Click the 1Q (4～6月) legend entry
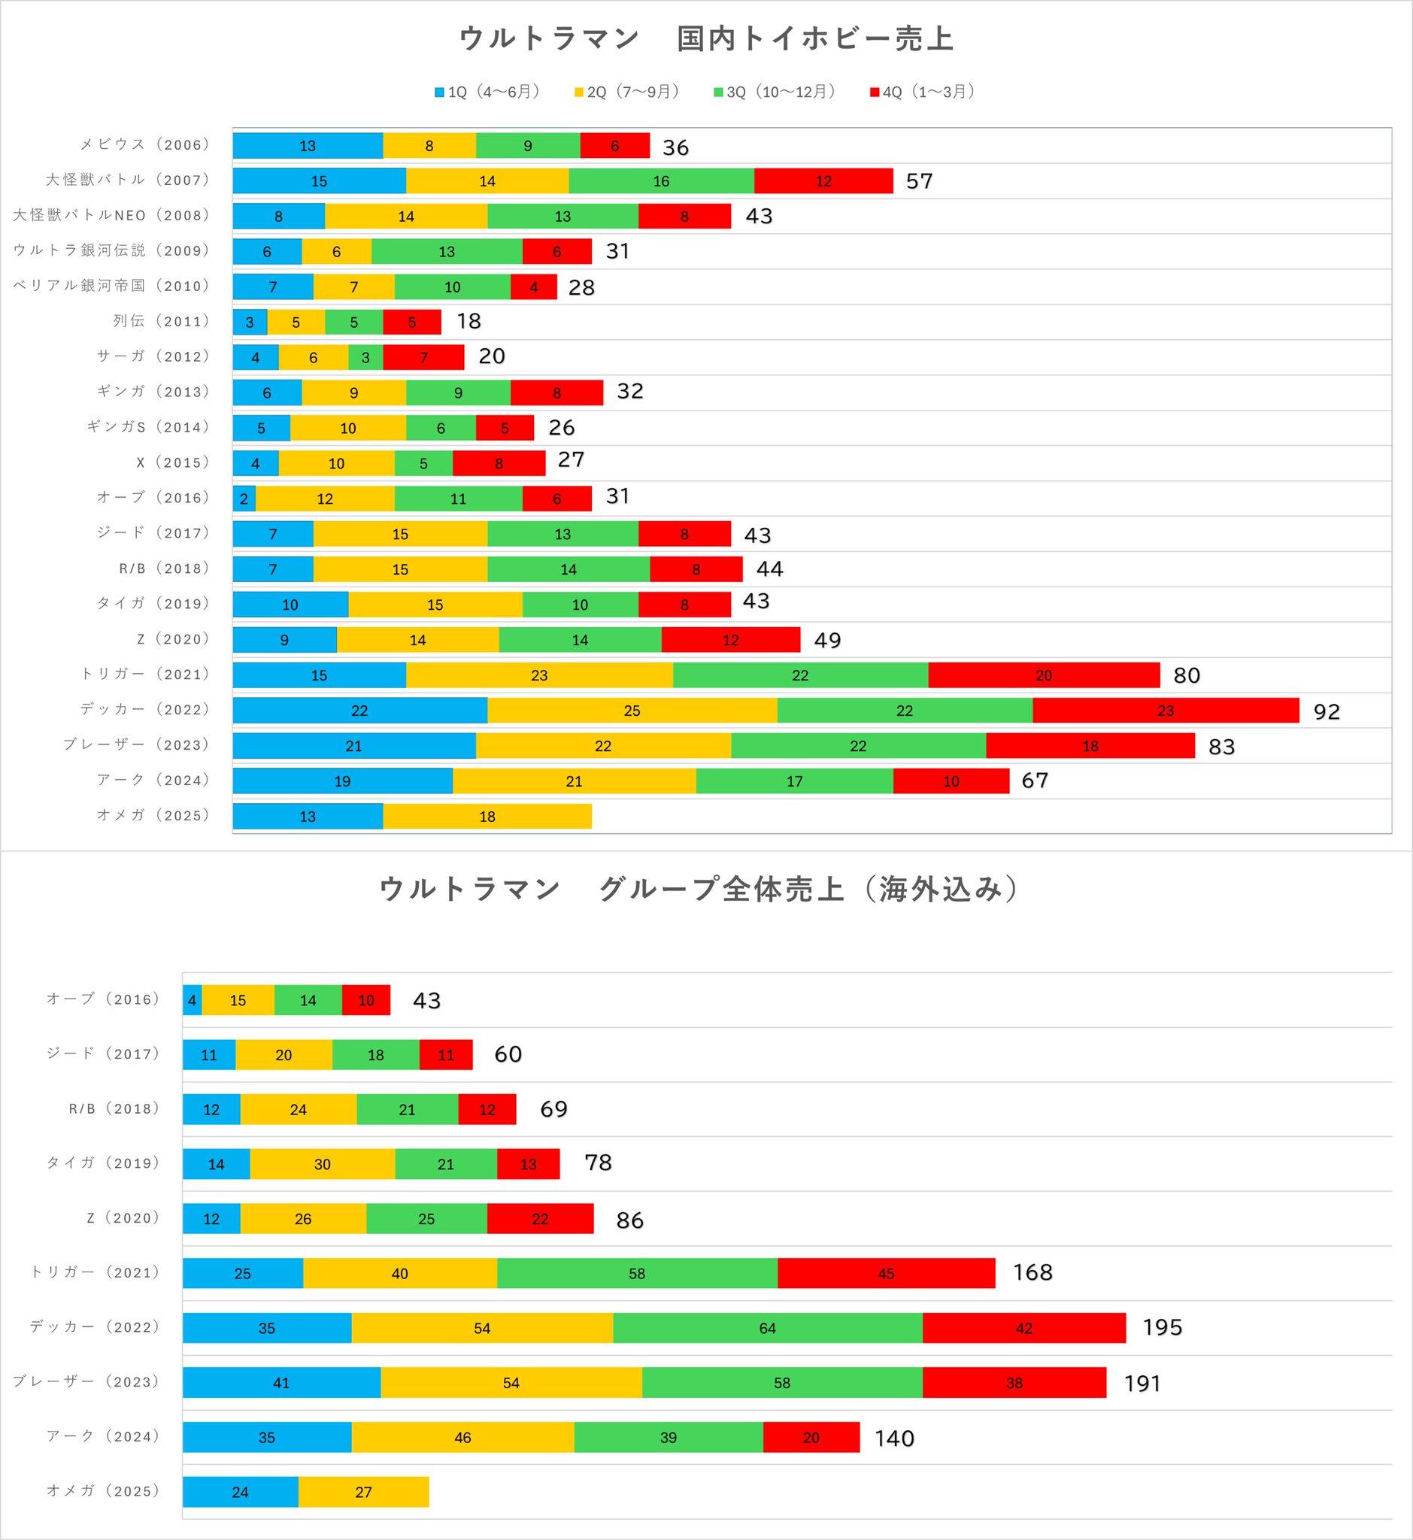click(x=487, y=92)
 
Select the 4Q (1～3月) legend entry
click(x=922, y=92)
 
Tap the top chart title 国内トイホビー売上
click(x=815, y=39)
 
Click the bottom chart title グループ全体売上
click(x=721, y=890)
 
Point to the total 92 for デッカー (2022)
click(x=1327, y=712)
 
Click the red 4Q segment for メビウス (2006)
click(x=614, y=146)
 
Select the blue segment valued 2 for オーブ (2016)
click(x=244, y=499)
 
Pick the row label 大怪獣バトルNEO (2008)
click(x=111, y=216)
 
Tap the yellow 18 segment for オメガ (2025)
click(x=487, y=817)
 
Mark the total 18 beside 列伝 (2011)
click(x=468, y=321)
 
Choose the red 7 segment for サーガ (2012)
click(x=423, y=357)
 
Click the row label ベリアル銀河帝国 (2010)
click(x=111, y=286)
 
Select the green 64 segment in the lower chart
click(x=768, y=1328)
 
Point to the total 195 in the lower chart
click(x=1162, y=1327)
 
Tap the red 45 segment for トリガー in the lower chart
click(x=886, y=1273)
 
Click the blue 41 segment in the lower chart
click(x=281, y=1383)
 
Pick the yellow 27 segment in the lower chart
click(x=363, y=1492)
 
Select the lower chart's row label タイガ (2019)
click(x=103, y=1163)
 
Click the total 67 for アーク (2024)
click(x=1035, y=781)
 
